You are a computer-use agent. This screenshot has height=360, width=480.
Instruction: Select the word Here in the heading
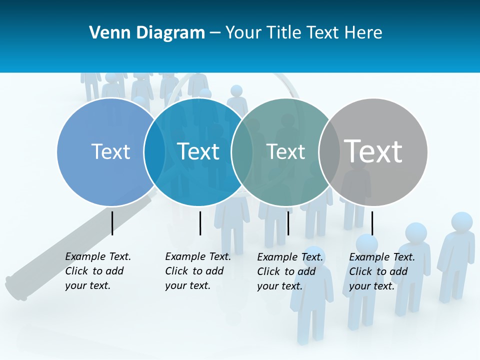(x=364, y=33)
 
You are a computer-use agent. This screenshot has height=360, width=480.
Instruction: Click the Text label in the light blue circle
(x=110, y=151)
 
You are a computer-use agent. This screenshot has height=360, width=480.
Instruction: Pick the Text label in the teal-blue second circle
(x=198, y=151)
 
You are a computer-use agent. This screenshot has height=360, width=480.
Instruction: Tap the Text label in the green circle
(x=285, y=151)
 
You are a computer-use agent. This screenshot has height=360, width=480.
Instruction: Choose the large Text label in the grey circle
(x=373, y=151)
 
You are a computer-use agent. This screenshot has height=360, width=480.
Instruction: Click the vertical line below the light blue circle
(x=112, y=223)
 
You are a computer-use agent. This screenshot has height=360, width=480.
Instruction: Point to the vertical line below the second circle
(x=200, y=223)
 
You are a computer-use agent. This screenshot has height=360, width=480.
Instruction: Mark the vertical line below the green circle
(x=288, y=223)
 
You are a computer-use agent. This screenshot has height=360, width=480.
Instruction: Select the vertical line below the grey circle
(x=372, y=223)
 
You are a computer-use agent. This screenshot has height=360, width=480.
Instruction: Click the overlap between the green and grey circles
(x=329, y=152)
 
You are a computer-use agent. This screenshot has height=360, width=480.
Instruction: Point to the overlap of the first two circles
(x=154, y=152)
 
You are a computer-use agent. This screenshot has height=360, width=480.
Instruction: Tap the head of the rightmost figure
(x=461, y=222)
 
